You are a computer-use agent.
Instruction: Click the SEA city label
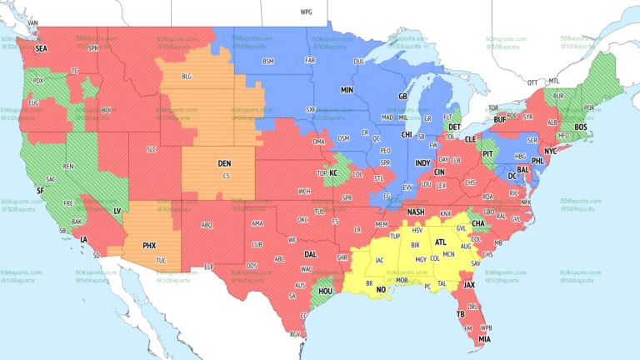tap(41, 49)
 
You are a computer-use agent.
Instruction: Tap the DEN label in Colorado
tap(224, 163)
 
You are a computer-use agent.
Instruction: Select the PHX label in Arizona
tap(150, 246)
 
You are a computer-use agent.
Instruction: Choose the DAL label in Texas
tap(311, 253)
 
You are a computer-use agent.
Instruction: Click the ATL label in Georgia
tap(441, 242)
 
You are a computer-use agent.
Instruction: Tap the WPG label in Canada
tap(306, 12)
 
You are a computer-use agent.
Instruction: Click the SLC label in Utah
tap(151, 149)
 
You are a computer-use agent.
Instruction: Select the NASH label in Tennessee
tap(415, 212)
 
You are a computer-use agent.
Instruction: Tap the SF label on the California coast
tap(39, 190)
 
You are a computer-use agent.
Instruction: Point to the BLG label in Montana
tap(186, 76)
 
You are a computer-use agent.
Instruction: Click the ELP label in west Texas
tap(209, 267)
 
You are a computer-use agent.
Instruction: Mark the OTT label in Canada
tap(532, 82)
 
